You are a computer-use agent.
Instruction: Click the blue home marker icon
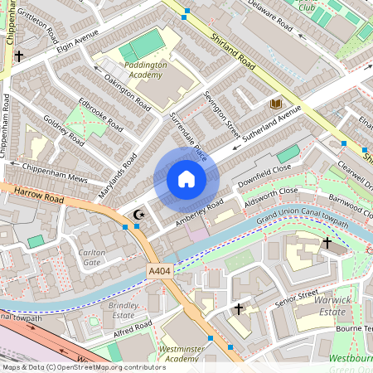click(x=186, y=179)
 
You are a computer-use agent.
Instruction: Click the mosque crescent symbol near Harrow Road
click(x=139, y=215)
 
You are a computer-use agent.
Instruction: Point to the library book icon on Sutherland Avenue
click(x=274, y=104)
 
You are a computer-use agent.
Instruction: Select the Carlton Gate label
click(x=90, y=258)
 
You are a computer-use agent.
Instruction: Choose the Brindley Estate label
click(x=123, y=310)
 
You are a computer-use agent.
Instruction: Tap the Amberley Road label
click(x=199, y=211)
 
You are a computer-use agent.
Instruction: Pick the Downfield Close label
click(x=264, y=176)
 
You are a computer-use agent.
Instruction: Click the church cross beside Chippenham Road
click(x=18, y=56)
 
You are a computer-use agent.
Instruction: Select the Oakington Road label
click(x=128, y=91)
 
